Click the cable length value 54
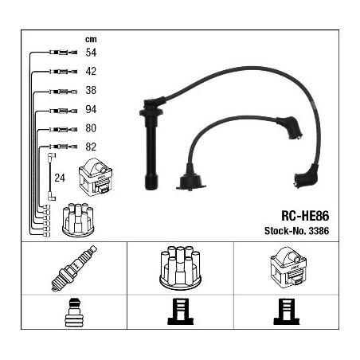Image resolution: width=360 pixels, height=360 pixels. coord(91,53)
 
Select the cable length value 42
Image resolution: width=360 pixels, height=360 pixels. coord(91,71)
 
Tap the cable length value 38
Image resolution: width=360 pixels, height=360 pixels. coord(91,90)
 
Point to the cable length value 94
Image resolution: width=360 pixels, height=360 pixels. coord(91,109)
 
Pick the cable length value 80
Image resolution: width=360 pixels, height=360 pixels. coord(91,128)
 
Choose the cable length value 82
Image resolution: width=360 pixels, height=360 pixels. coord(91,147)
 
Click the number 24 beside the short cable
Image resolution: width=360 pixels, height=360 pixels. coord(60,178)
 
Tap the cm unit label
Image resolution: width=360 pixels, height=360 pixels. coord(91,39)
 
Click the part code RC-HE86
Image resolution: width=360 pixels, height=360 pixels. coord(305,216)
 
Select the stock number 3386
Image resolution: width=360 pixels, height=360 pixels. coord(319,231)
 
